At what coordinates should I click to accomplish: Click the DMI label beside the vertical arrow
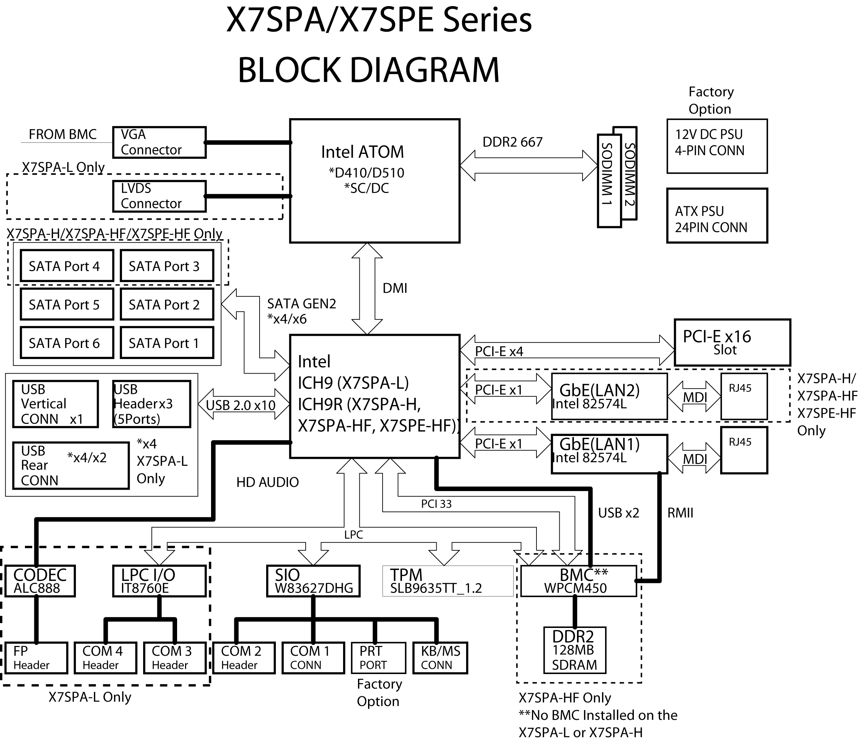tap(394, 288)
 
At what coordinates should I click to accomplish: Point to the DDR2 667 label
tap(512, 142)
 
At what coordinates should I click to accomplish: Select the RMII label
tap(680, 513)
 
